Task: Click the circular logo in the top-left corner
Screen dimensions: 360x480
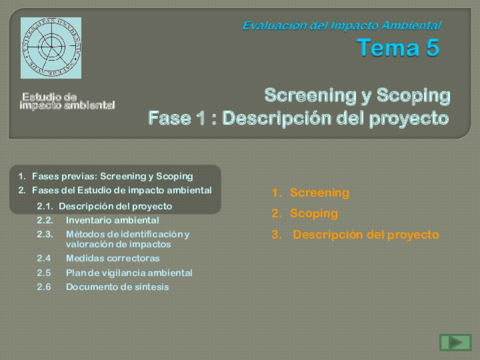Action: point(51,48)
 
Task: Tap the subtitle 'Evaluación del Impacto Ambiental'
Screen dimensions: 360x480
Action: point(341,25)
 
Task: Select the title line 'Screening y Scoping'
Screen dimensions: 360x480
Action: point(357,95)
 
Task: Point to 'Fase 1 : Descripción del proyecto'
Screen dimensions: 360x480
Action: point(298,117)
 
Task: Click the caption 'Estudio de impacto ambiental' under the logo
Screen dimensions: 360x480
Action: point(68,100)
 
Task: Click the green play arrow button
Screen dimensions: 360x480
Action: point(455,342)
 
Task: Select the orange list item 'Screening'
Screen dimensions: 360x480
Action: point(319,192)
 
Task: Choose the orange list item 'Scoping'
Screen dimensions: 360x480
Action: point(314,213)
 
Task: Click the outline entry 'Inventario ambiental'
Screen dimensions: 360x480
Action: point(112,220)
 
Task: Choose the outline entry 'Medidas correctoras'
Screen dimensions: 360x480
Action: point(112,258)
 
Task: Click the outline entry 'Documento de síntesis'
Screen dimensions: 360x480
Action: point(117,287)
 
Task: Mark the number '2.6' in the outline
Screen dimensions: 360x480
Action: point(44,287)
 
